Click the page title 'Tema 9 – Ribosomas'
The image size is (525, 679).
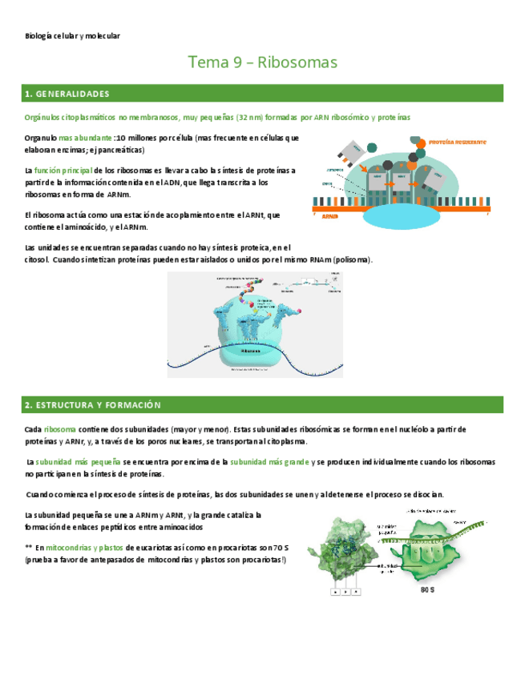point(262,62)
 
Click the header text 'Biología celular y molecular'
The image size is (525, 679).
point(73,36)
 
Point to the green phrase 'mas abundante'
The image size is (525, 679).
point(85,138)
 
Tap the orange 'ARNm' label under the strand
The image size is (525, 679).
point(329,216)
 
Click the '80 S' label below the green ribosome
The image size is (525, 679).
point(426,590)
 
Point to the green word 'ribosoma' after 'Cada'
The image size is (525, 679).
point(60,429)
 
